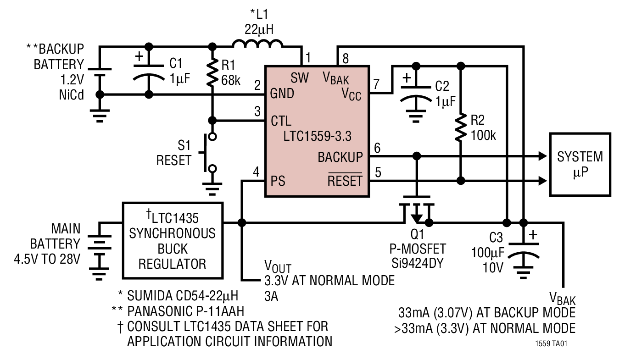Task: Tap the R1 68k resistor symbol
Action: (212, 72)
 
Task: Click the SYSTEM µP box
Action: (580, 164)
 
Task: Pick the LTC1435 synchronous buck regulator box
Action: (172, 240)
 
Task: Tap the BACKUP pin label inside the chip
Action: (340, 157)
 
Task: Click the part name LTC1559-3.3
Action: (317, 136)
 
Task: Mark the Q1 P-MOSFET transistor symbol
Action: (417, 212)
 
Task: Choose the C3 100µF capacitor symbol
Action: (523, 251)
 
